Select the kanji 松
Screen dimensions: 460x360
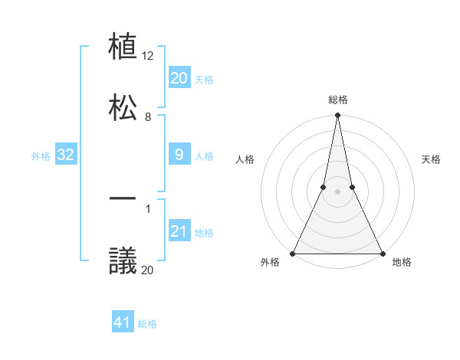(123, 106)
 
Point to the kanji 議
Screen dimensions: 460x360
(123, 260)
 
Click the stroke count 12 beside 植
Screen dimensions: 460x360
(149, 56)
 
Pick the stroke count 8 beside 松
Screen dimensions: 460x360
(148, 116)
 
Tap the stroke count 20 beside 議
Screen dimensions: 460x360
(148, 270)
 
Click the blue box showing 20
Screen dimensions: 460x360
(179, 78)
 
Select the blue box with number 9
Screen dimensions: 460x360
(179, 155)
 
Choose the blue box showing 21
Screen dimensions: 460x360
(179, 231)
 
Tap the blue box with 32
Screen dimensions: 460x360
(66, 155)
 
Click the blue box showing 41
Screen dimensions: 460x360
(123, 322)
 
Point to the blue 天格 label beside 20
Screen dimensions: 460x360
(204, 79)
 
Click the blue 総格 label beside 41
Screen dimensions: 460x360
(147, 324)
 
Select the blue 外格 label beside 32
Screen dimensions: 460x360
(41, 155)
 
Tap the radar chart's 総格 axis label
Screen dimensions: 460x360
(337, 100)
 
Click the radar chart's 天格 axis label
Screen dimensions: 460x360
(431, 159)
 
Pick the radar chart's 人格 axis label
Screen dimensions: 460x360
(245, 159)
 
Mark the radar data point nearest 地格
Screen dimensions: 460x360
(382, 253)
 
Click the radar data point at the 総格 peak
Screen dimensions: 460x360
(337, 116)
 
